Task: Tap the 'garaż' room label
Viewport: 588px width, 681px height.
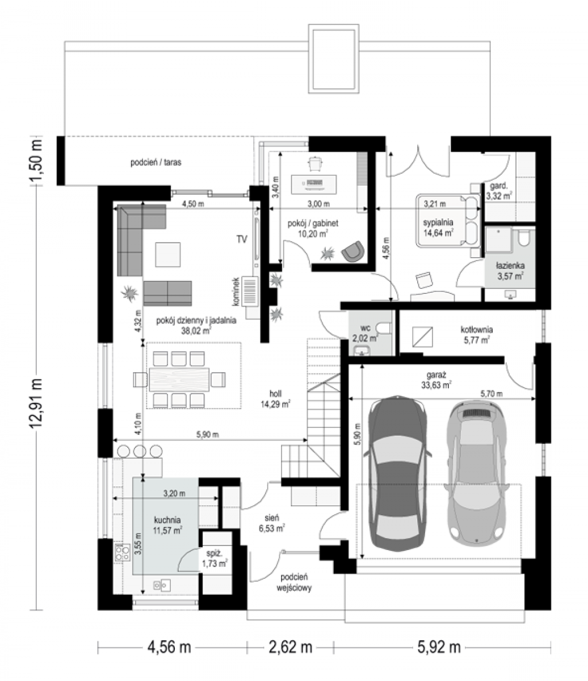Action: click(436, 375)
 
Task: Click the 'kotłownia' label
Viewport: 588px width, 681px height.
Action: click(477, 329)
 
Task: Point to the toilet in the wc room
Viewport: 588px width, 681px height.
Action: click(385, 328)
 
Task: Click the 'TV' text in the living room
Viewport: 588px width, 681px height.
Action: click(242, 239)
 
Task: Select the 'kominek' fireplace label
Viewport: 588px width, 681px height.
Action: click(236, 292)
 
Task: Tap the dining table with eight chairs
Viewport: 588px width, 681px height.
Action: click(179, 380)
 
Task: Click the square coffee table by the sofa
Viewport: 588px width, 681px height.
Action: click(168, 255)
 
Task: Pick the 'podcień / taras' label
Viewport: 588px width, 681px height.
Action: click(156, 162)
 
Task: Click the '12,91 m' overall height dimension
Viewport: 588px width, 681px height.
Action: click(36, 403)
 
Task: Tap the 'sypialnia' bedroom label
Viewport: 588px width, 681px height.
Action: click(438, 222)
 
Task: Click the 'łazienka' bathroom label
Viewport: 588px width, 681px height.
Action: click(511, 265)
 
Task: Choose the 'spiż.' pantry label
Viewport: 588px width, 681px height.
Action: click(214, 553)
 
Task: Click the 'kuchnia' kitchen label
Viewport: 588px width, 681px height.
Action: click(167, 520)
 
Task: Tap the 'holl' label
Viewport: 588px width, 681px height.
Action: click(275, 393)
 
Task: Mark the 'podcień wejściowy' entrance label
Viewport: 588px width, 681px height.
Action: click(296, 582)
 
